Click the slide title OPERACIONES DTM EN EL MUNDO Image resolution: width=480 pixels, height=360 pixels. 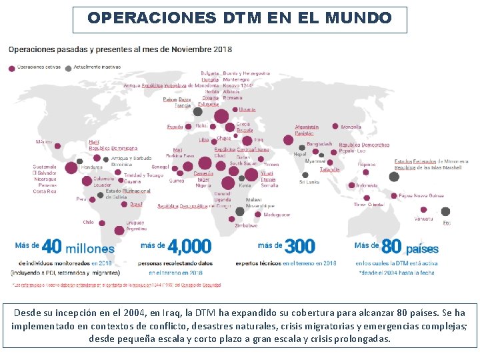239,18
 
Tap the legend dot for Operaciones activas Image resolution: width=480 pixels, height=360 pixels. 12,67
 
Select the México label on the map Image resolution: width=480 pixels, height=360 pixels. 43,142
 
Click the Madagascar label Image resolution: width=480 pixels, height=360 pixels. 277,215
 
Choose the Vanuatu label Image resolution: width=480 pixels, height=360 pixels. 423,219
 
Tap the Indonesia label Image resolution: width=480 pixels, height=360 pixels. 367,185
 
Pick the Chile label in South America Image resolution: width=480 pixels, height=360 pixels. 89,222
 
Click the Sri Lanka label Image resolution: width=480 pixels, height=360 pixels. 309,181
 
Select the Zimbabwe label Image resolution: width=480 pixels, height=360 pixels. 245,225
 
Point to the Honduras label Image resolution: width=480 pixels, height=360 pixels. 91,167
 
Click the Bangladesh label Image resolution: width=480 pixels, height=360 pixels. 319,144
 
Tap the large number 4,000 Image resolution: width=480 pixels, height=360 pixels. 190,247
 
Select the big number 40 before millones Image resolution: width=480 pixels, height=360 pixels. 51,247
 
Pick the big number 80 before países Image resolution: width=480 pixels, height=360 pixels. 391,247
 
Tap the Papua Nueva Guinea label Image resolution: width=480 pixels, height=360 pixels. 421,196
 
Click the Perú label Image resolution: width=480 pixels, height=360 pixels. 81,199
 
